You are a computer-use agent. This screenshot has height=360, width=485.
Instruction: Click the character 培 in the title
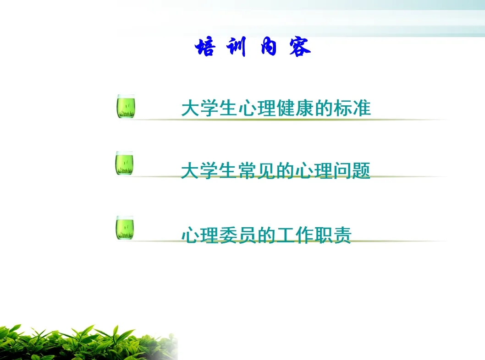[x=205, y=47]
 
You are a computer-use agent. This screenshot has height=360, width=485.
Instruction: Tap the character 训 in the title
[x=237, y=46]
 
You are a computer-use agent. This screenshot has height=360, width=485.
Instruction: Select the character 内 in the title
[x=269, y=46]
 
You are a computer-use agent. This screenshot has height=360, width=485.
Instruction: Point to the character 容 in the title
[x=300, y=47]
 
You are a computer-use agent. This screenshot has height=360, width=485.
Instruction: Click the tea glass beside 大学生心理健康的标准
[x=126, y=106]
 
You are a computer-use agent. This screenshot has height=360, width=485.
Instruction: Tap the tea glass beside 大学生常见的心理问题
[x=124, y=163]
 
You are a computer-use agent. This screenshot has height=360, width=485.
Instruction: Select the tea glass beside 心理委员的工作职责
[x=125, y=228]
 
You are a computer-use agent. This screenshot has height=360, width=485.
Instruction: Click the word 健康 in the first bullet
[x=295, y=108]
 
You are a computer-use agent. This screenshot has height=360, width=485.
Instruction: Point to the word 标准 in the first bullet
[x=352, y=108]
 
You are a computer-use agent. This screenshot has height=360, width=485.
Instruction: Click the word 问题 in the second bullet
[x=352, y=170]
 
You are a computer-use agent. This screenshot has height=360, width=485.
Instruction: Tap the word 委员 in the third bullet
[x=237, y=235]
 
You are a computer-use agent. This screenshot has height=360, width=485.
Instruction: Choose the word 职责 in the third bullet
[x=333, y=235]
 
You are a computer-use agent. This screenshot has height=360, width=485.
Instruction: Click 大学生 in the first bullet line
[x=209, y=108]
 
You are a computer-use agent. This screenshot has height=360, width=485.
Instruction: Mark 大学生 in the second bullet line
[x=209, y=170]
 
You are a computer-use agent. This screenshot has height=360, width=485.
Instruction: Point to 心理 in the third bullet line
[x=200, y=235]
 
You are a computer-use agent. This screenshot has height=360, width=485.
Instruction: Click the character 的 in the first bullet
[x=324, y=108]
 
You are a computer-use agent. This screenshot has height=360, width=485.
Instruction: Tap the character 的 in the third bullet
[x=266, y=235]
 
